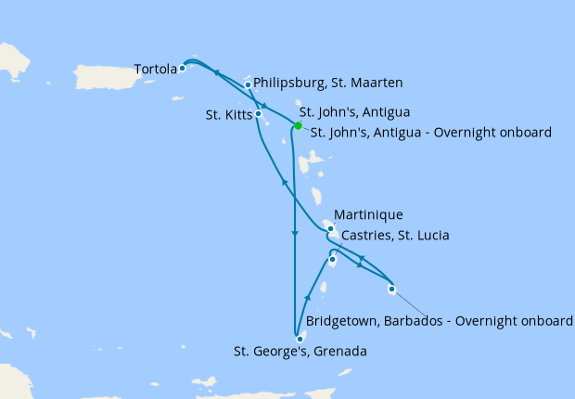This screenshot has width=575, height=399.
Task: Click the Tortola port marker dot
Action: point(183,68)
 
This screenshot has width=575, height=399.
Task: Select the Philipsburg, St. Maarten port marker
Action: point(248,85)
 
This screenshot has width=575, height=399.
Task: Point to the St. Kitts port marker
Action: point(258,115)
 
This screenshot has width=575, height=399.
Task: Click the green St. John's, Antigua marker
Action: point(298,126)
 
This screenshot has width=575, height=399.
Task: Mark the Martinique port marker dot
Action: point(330,226)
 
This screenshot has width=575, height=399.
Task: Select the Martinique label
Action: point(368,215)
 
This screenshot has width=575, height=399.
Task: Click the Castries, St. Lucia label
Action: point(395,236)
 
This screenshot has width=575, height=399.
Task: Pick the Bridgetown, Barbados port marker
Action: point(392,289)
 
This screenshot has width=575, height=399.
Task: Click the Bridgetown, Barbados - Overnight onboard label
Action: point(439,321)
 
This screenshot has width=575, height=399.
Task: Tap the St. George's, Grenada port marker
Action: point(300,339)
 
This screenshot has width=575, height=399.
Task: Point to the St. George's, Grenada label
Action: point(300,352)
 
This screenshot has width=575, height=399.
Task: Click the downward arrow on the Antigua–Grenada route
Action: point(294,236)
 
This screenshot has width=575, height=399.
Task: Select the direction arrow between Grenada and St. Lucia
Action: point(307,297)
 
